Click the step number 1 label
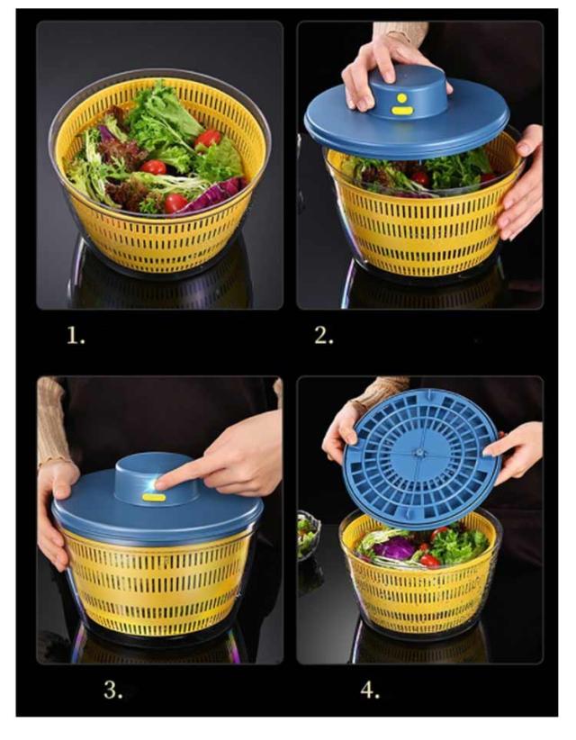point(76,336)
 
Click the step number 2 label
point(324,335)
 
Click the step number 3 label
point(113,690)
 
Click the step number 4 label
point(370,690)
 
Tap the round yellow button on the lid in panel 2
point(402,98)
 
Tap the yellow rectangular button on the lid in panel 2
point(402,111)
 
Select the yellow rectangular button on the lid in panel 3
point(154,497)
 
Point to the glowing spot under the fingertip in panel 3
point(152,484)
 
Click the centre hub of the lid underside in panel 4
point(419,453)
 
